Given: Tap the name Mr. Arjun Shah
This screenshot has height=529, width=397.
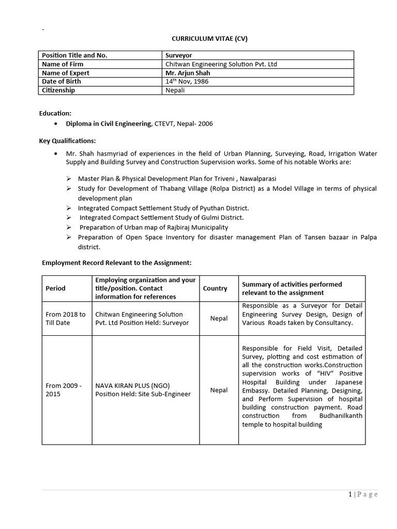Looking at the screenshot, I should tap(188, 73).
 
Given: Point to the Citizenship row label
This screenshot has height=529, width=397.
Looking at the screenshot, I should tap(58, 90).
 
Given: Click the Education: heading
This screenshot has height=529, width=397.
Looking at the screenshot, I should tap(55, 113).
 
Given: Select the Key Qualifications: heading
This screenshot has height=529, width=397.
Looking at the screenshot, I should tap(67, 141).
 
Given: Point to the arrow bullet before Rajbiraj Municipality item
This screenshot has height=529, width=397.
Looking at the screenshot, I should tap(69, 227).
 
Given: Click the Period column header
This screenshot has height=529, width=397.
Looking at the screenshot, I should tap(56, 288).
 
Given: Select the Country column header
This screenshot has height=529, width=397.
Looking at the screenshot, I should tap(215, 288).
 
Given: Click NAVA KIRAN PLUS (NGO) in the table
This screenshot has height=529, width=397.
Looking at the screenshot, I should tap(132, 385).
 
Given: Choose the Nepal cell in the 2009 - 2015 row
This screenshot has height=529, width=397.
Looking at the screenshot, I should tap(219, 390).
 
